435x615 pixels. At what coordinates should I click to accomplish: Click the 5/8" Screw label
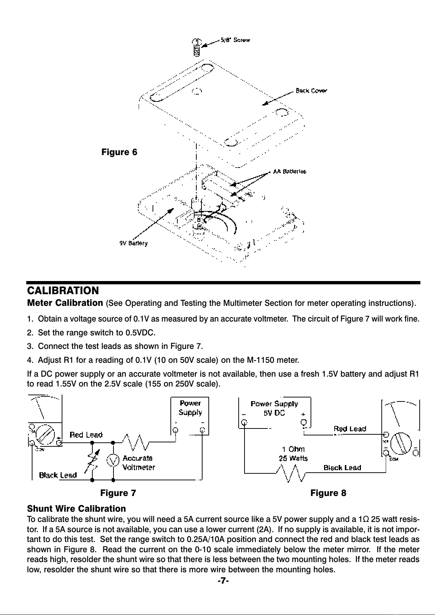[x=235, y=40]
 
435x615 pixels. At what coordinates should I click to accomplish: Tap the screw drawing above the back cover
[x=196, y=47]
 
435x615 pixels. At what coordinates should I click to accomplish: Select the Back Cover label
[x=311, y=91]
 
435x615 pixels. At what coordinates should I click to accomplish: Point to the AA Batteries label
[x=289, y=171]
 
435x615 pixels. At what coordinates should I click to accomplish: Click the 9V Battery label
[x=134, y=243]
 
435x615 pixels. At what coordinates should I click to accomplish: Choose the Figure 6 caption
[x=119, y=152]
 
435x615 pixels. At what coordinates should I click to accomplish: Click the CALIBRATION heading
[x=63, y=291]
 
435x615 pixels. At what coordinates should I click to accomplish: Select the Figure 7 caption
[x=118, y=493]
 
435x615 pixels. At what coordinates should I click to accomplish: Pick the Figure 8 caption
[x=328, y=493]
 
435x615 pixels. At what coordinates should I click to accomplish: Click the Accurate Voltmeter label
[x=139, y=462]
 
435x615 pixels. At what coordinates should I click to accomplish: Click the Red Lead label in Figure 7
[x=86, y=435]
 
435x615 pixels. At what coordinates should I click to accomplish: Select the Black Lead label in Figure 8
[x=342, y=468]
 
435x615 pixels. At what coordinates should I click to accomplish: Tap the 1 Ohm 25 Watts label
[x=293, y=453]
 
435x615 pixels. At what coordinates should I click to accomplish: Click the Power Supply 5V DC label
[x=274, y=408]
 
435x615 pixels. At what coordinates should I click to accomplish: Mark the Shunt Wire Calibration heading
[x=77, y=508]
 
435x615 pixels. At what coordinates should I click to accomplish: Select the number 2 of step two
[x=30, y=333]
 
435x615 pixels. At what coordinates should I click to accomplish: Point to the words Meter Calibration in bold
[x=65, y=303]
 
